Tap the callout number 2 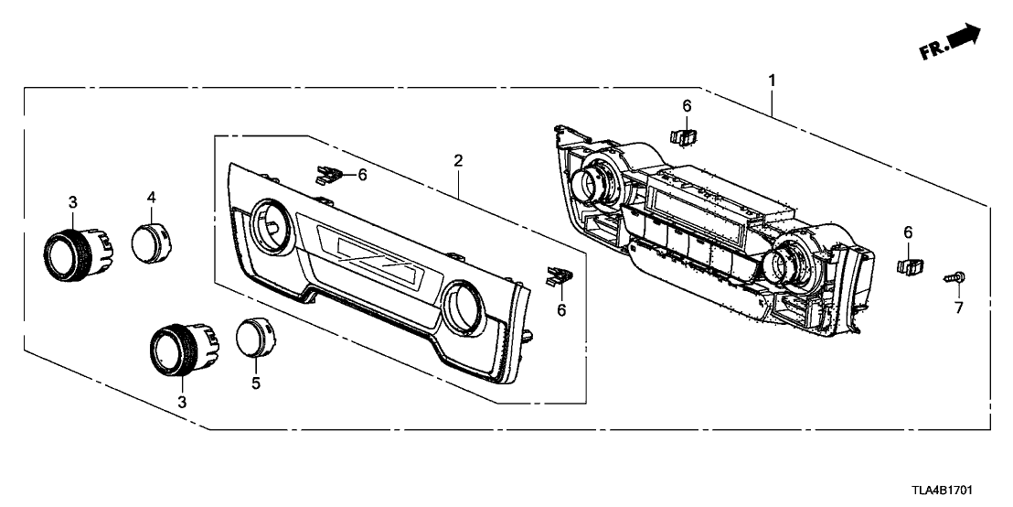(x=458, y=161)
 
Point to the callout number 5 (x=256, y=383)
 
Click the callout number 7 (x=959, y=307)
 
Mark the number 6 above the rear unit (x=687, y=105)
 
